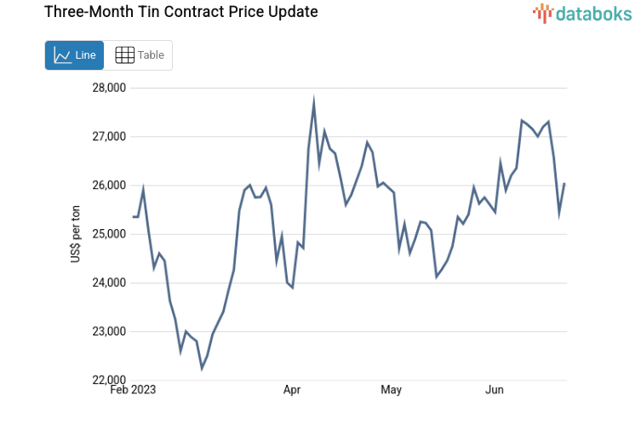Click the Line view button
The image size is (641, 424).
[x=74, y=55]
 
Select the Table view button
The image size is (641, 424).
[x=139, y=55]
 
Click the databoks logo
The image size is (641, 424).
[x=583, y=13]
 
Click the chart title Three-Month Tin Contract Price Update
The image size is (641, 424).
[x=180, y=12]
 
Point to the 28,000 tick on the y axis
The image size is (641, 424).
[x=108, y=88]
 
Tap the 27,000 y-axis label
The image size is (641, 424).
[x=108, y=136]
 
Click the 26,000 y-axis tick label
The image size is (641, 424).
[x=108, y=186]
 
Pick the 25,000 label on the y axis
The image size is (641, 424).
[x=108, y=234]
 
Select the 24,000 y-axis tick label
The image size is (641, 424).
[x=108, y=283]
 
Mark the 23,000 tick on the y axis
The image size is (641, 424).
[x=108, y=331]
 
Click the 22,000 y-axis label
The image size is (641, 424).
[x=108, y=380]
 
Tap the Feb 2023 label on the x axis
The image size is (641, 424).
[x=134, y=390]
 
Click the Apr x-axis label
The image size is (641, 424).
[x=292, y=390]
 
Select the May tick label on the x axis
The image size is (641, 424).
[x=391, y=390]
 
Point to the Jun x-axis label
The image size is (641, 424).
[x=495, y=390]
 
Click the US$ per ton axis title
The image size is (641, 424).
[x=76, y=234]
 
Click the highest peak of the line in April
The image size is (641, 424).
[x=314, y=102]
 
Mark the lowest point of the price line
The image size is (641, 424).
[x=202, y=369]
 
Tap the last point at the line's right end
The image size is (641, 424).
[x=564, y=184]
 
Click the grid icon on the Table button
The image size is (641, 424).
[x=124, y=55]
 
